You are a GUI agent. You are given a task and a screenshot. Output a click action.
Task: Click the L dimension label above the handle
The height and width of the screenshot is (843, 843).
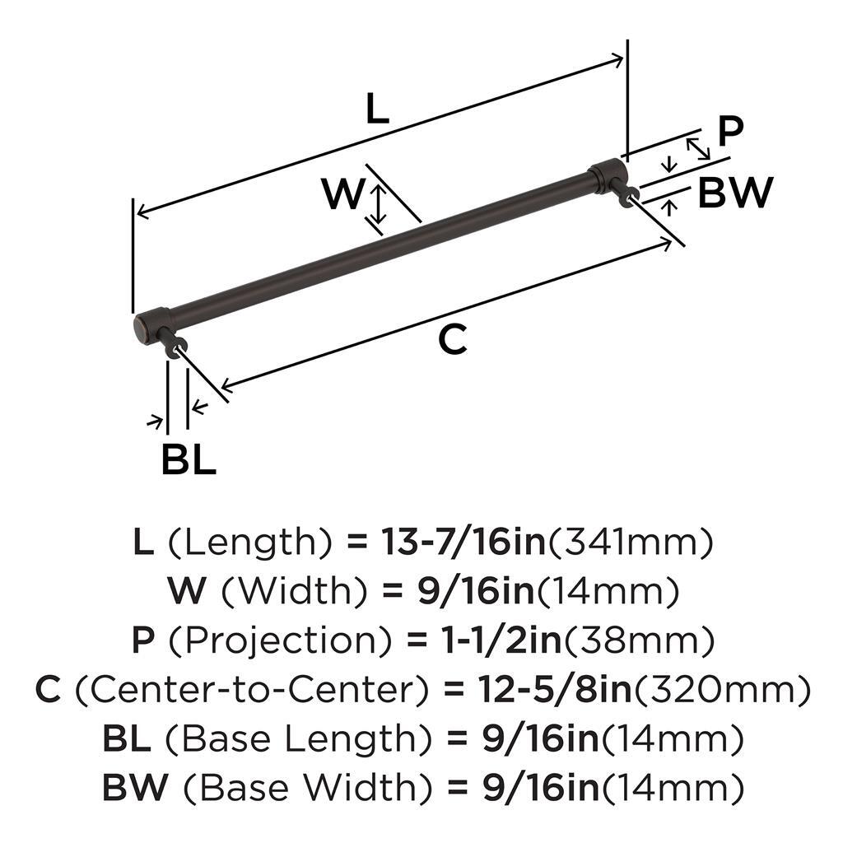tap(377, 109)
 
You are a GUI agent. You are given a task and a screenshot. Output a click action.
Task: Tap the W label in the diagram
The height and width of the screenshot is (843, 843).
tap(342, 194)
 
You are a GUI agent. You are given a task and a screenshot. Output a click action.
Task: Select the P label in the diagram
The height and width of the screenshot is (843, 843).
tap(730, 131)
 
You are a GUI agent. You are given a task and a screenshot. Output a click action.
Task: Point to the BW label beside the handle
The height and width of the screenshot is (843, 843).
tap(735, 193)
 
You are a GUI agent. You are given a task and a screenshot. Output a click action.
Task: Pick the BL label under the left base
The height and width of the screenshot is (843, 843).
tap(189, 459)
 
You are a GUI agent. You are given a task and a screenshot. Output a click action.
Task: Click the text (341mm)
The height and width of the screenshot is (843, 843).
tap(630, 542)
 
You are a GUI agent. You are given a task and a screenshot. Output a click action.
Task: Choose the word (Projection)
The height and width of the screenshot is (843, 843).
tap(281, 640)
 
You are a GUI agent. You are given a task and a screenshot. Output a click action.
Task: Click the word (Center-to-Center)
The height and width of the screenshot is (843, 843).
tap(253, 690)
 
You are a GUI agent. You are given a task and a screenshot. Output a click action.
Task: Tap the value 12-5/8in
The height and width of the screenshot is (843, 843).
tap(556, 690)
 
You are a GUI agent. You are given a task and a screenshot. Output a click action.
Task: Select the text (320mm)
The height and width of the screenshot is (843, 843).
tap(722, 690)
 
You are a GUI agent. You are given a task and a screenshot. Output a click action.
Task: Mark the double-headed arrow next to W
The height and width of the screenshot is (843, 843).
tap(379, 204)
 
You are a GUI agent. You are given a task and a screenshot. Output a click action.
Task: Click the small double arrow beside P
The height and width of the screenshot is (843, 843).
tap(698, 149)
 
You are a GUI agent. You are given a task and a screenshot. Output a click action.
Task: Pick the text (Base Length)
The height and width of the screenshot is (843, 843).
tap(298, 739)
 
